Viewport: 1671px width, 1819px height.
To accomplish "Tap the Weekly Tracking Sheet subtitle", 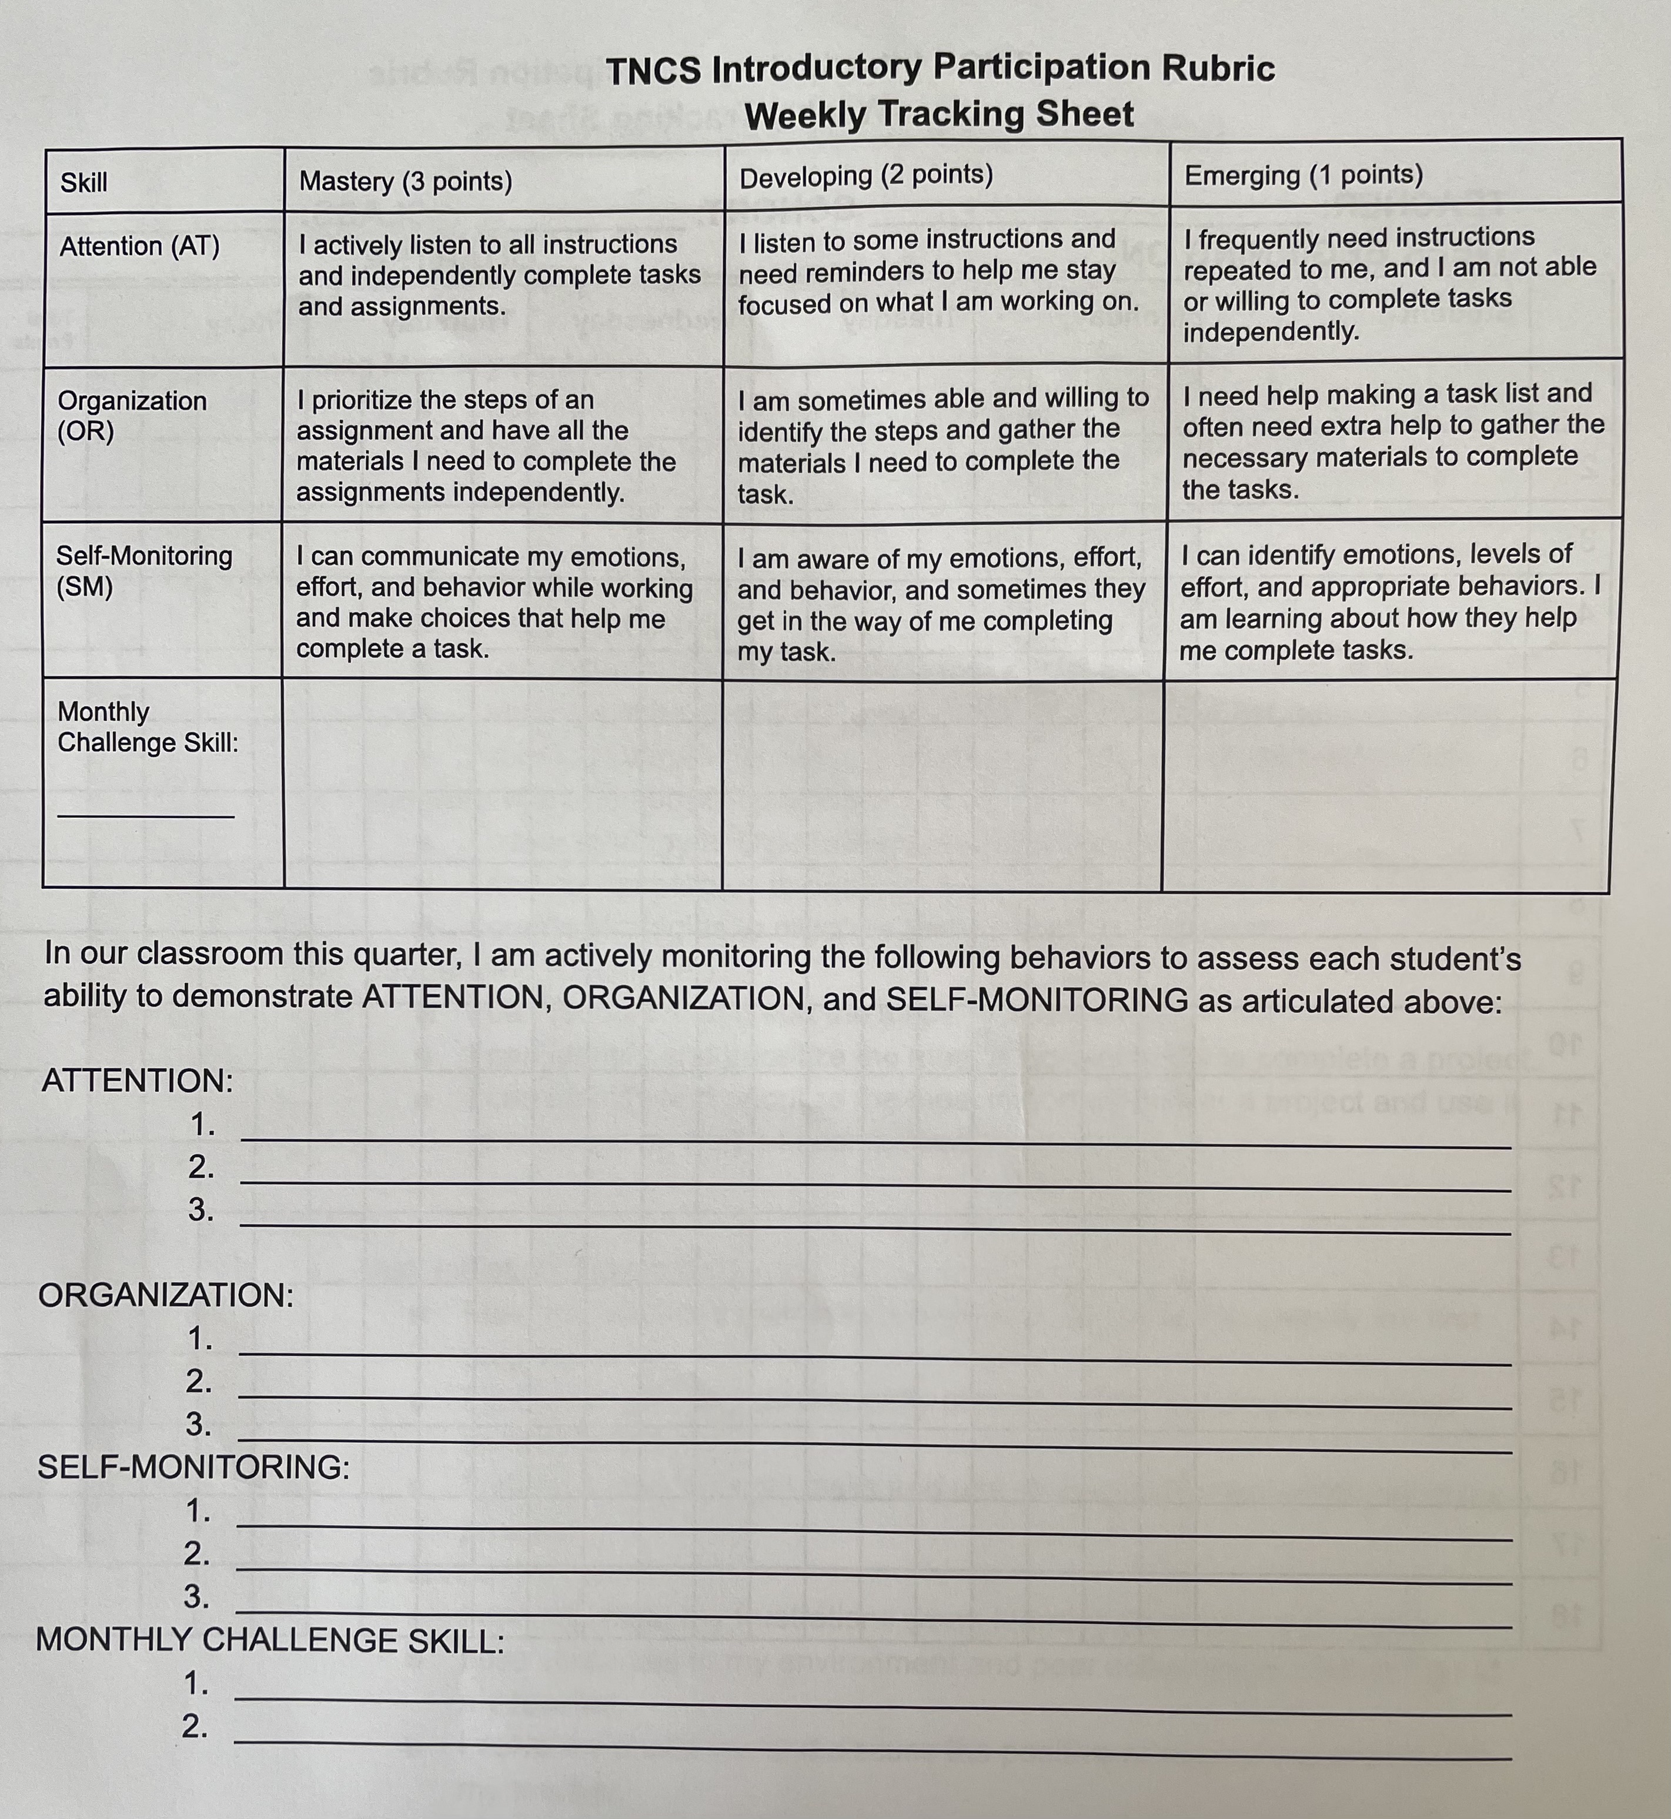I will (x=938, y=115).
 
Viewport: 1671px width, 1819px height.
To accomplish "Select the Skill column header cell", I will (x=84, y=183).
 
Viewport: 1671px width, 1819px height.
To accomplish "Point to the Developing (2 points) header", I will (x=865, y=175).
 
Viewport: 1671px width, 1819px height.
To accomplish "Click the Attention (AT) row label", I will (x=139, y=246).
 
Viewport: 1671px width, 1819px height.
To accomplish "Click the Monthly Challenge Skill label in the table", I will (x=148, y=727).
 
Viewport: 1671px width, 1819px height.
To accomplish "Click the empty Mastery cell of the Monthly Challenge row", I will (x=503, y=783).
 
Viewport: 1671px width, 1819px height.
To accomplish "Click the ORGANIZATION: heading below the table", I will (x=165, y=1295).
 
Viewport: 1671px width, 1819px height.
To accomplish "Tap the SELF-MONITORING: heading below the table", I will (x=193, y=1466).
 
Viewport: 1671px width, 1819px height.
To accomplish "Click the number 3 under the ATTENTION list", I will (x=200, y=1210).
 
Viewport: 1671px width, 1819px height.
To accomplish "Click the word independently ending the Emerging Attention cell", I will (x=1271, y=332).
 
